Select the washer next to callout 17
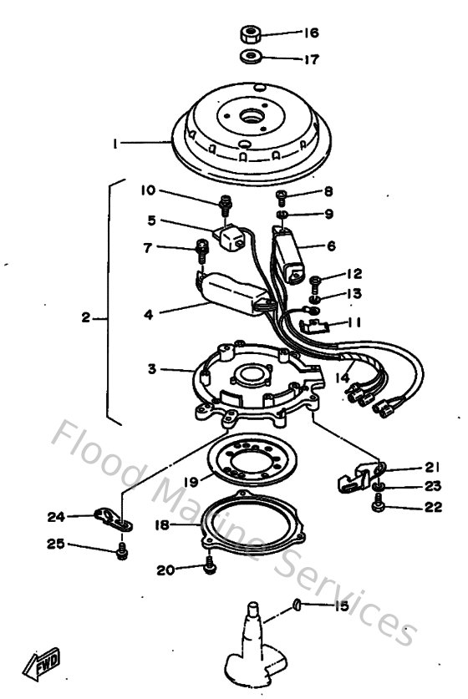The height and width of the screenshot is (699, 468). click(x=247, y=58)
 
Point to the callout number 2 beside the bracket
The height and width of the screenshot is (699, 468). click(x=86, y=318)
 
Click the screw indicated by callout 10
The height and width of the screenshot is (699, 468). click(x=224, y=204)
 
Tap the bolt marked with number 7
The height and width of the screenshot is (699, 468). click(x=201, y=248)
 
